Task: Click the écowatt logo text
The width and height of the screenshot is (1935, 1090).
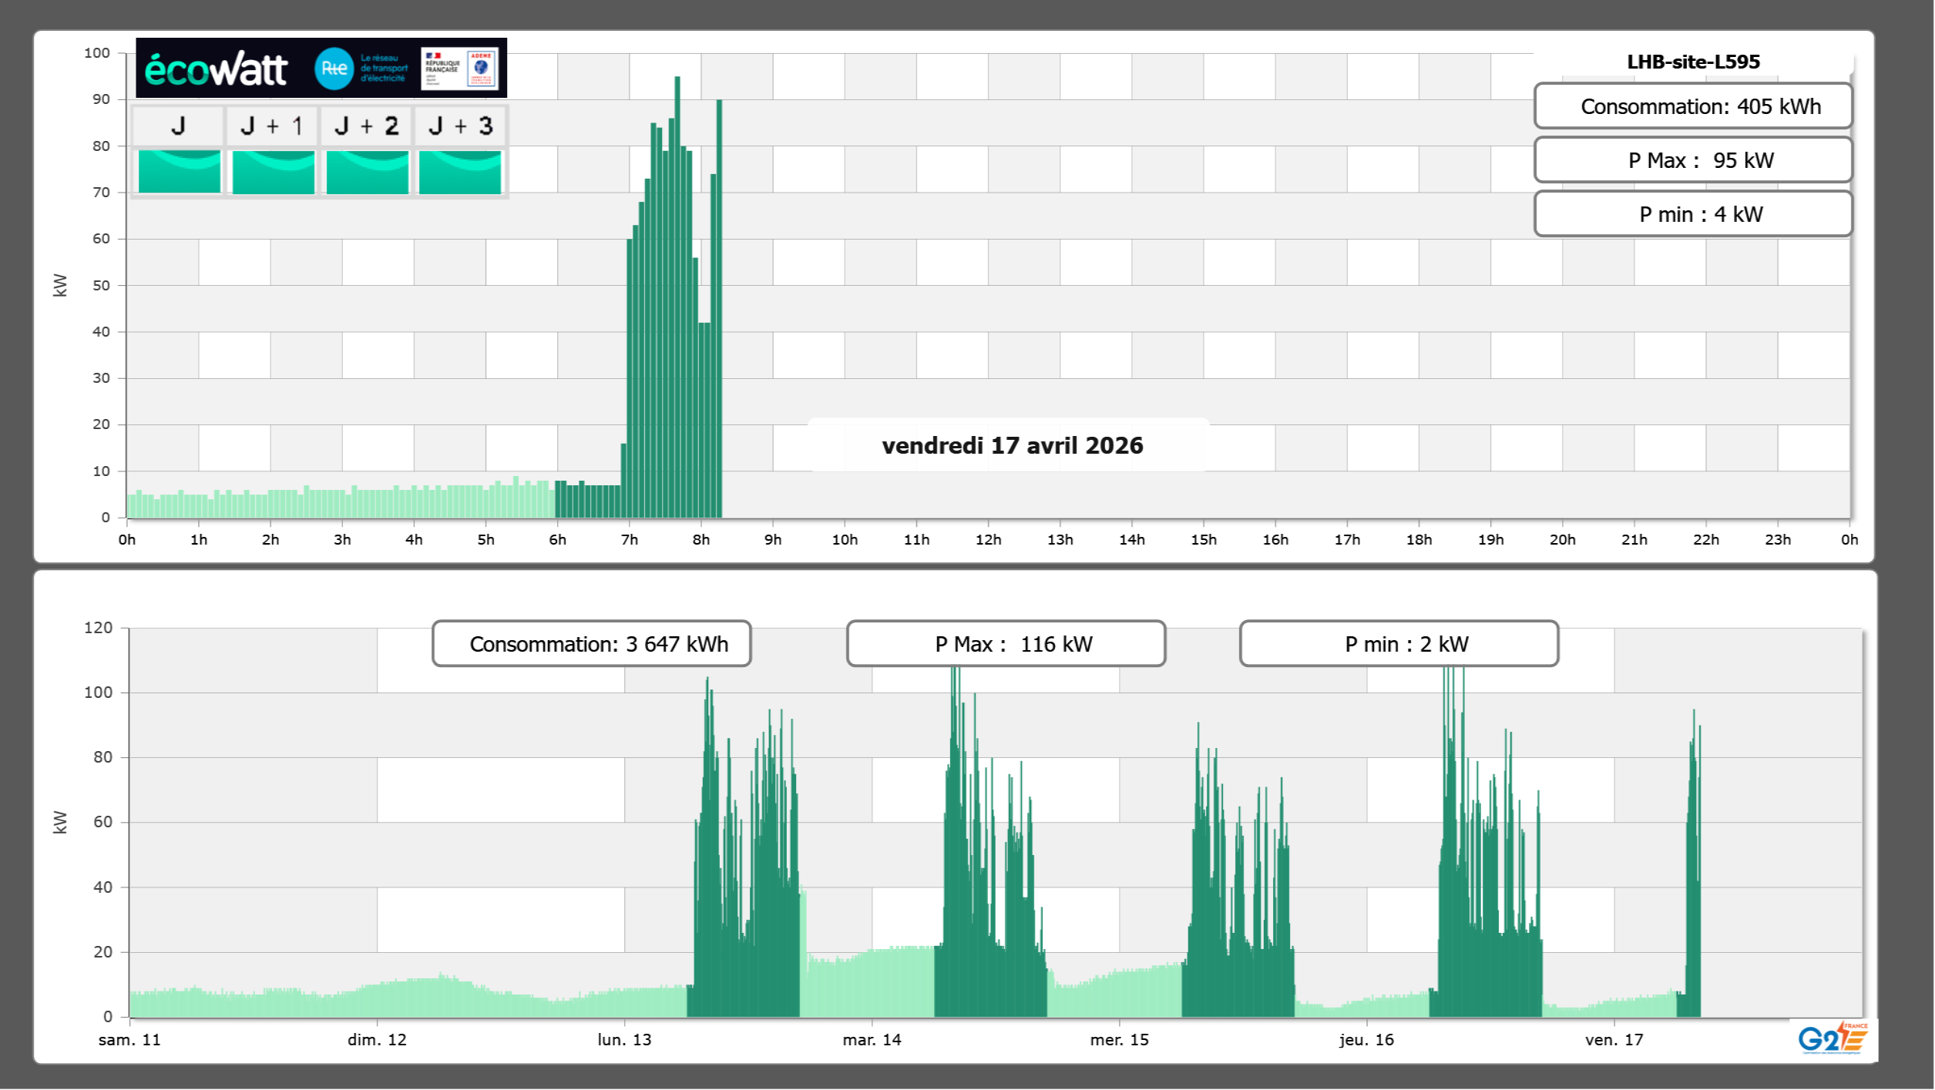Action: [x=216, y=69]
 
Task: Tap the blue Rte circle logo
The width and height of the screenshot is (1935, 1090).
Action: [x=334, y=69]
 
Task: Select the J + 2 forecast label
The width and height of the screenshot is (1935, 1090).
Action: [x=367, y=126]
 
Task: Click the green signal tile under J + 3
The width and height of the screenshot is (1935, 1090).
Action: [x=460, y=172]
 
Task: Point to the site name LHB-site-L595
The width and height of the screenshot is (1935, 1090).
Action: [x=1693, y=62]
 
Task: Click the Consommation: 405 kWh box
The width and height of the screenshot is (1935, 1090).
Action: [x=1693, y=106]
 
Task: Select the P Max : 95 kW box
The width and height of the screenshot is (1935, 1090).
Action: [x=1693, y=160]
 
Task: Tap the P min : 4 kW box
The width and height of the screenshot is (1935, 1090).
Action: [x=1693, y=214]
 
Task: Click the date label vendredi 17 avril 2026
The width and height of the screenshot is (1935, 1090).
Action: [x=1012, y=445]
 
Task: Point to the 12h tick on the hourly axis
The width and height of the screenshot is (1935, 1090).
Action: [x=988, y=539]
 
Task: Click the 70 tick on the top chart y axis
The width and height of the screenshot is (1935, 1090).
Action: [x=101, y=192]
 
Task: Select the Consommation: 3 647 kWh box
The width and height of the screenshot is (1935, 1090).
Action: [x=592, y=644]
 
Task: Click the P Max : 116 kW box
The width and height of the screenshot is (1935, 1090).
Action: [x=1006, y=644]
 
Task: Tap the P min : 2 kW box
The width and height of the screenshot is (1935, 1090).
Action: [x=1399, y=644]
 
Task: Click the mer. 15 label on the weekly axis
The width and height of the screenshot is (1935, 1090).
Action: [x=1119, y=1039]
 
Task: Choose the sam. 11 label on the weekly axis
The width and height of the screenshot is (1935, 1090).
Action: [x=129, y=1039]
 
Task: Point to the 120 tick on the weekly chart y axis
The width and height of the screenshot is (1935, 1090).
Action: [x=98, y=628]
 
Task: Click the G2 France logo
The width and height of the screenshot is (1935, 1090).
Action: [x=1833, y=1038]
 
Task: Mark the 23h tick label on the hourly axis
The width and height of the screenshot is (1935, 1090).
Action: [x=1777, y=539]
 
